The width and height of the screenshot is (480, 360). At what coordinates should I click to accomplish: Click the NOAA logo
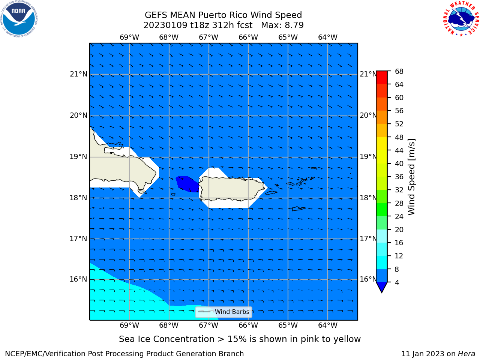(x=19, y=19)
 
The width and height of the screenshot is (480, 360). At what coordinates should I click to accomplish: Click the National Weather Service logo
(x=461, y=19)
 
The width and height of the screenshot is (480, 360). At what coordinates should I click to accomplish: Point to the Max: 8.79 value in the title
(x=282, y=25)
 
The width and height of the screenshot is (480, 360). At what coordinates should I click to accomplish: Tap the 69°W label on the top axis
(x=129, y=37)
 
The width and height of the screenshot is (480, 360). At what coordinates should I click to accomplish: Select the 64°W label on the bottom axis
(x=328, y=325)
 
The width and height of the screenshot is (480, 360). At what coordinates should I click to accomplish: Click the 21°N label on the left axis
(x=78, y=74)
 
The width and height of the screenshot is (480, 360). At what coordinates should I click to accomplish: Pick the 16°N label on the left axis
(x=78, y=279)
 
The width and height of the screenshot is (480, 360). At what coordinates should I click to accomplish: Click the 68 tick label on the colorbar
(x=399, y=72)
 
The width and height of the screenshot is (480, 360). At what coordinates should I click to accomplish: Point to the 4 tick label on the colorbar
(x=397, y=282)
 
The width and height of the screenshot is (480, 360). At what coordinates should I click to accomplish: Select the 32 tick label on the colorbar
(x=399, y=190)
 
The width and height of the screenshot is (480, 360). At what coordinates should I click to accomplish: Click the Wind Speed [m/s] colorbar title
(x=411, y=177)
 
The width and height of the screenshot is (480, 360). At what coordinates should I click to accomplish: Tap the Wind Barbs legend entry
(x=223, y=312)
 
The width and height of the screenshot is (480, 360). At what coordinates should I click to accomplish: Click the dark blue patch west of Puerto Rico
(x=187, y=184)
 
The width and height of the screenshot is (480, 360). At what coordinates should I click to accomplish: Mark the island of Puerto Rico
(x=232, y=188)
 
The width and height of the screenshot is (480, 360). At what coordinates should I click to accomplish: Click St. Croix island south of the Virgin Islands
(x=298, y=209)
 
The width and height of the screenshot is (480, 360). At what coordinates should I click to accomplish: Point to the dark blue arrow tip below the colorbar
(x=382, y=292)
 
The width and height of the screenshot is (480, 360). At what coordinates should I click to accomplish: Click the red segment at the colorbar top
(x=382, y=78)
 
